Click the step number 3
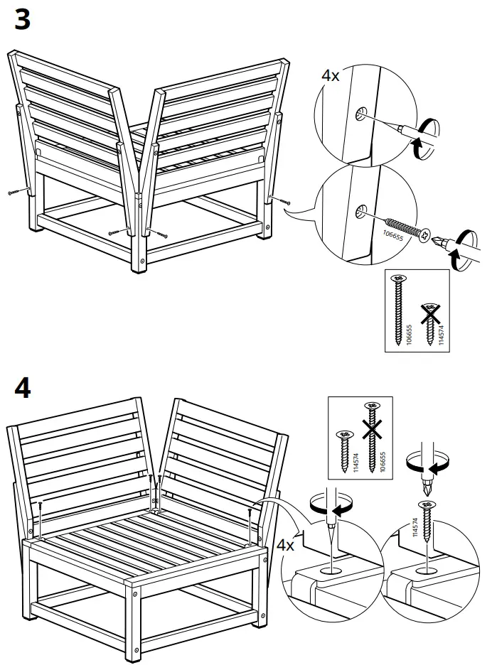point(23,19)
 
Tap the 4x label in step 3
point(331,75)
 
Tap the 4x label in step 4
point(285,546)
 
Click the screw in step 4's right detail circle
point(427,530)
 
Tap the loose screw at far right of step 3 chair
point(283,202)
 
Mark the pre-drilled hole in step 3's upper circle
point(360,113)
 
